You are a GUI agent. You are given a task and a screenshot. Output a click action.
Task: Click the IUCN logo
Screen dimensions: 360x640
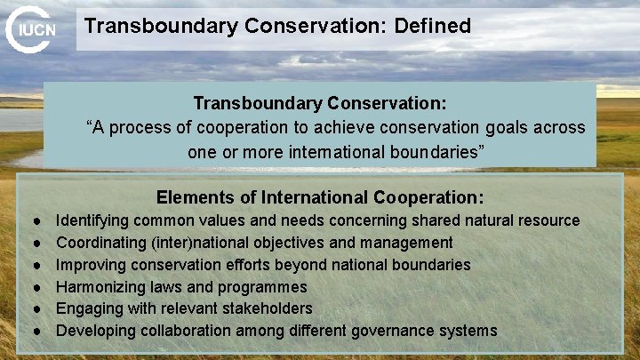[x=32, y=29]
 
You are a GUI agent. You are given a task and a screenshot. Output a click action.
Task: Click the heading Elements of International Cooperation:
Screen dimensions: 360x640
[x=320, y=197]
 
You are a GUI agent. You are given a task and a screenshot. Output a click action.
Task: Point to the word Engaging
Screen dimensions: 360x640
[x=88, y=309]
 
